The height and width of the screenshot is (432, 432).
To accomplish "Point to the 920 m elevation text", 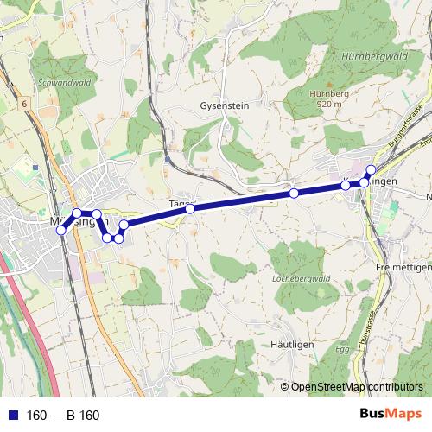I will point(330,104).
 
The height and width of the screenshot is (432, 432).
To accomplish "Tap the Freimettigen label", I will point(403,268).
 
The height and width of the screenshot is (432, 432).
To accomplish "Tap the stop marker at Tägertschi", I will point(190,208).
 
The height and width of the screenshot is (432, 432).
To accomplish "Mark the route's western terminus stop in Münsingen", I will point(60,230).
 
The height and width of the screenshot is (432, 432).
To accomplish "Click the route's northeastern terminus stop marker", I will point(372,169).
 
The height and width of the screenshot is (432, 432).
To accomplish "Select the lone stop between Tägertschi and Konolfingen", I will point(294,194).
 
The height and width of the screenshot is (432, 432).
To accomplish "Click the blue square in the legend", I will point(11,416).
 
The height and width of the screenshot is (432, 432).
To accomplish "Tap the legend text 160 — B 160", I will point(63,416).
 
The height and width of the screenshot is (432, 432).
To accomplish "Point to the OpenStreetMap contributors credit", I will point(357,387).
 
